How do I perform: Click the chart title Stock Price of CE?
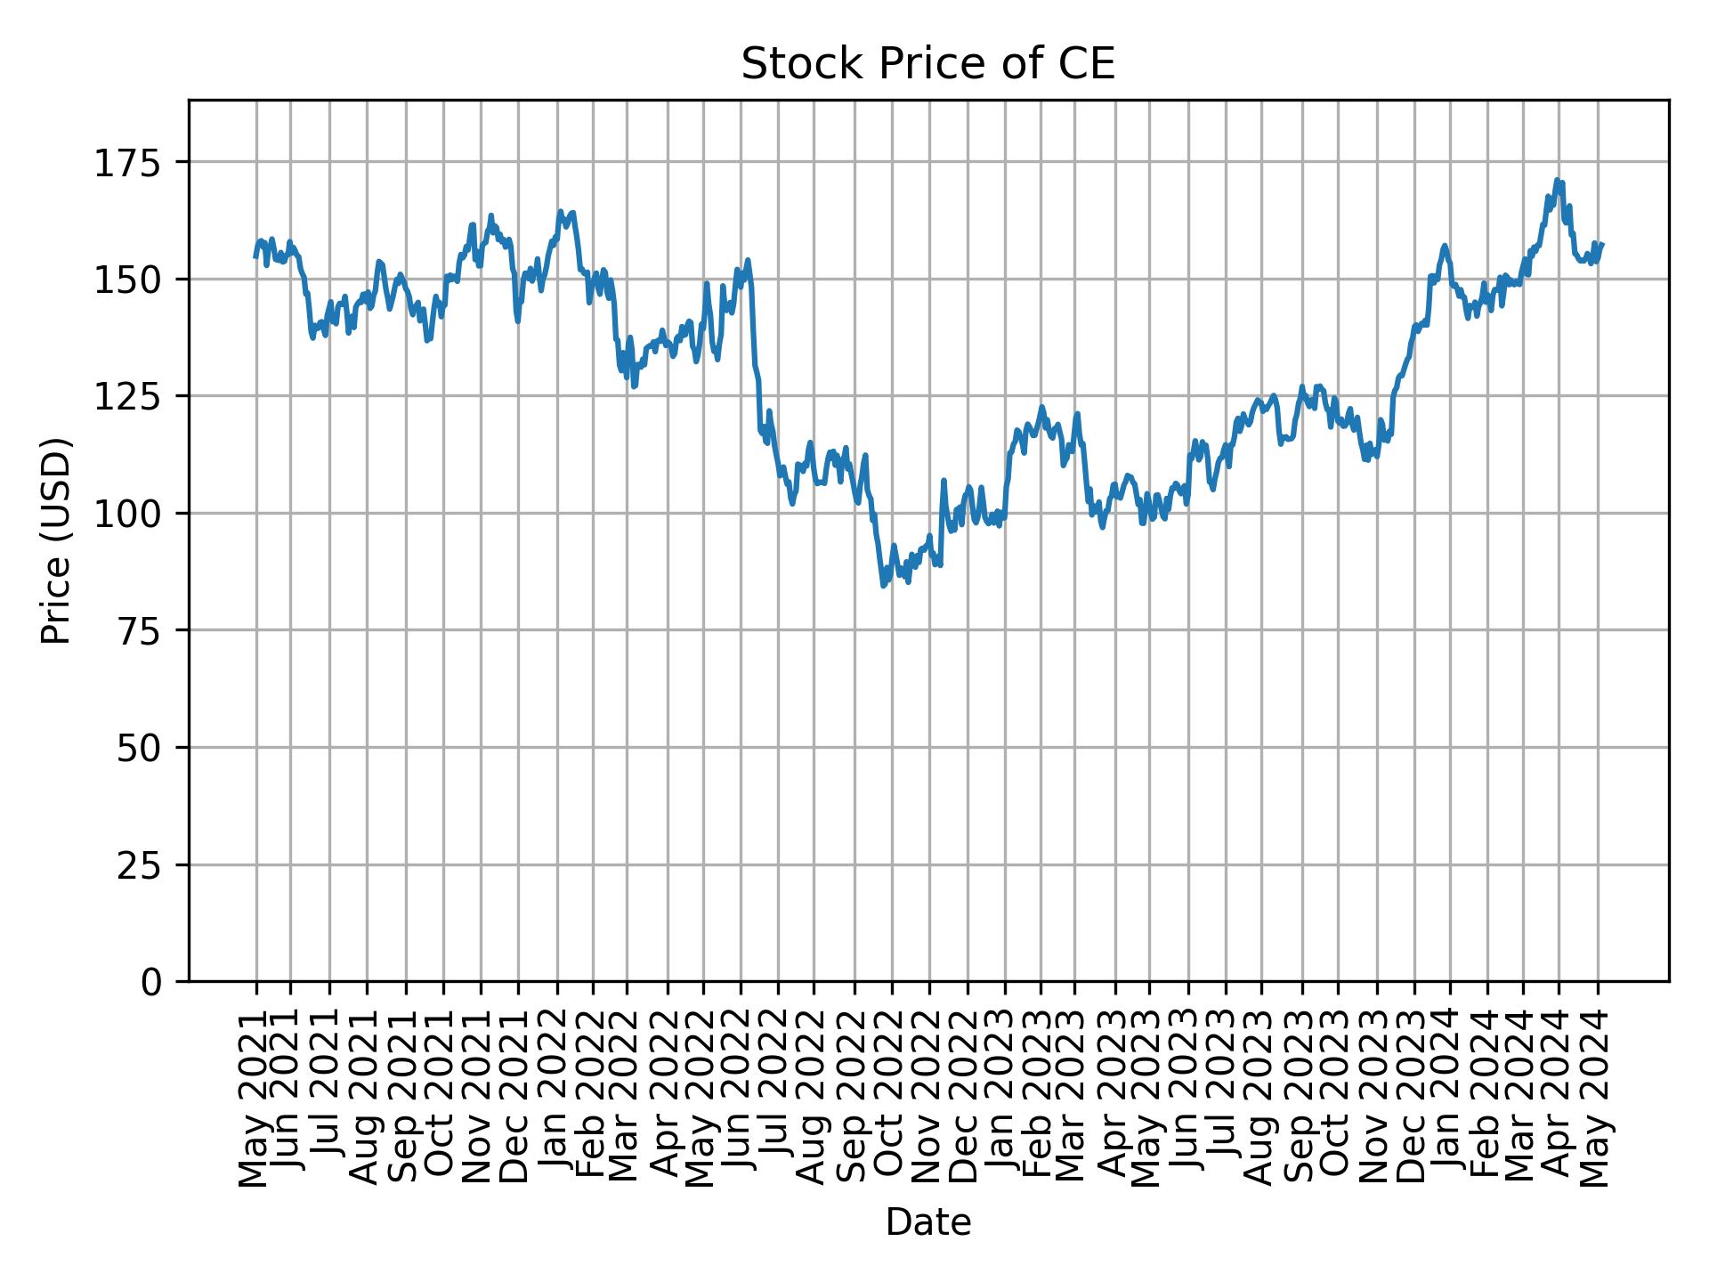pyautogui.click(x=927, y=65)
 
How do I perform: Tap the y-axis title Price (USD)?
pyautogui.click(x=55, y=540)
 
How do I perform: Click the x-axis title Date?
pyautogui.click(x=927, y=1222)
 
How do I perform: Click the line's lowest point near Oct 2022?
pyautogui.click(x=883, y=585)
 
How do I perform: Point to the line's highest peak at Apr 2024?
pyautogui.click(x=1556, y=180)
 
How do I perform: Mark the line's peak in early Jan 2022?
pyautogui.click(x=560, y=211)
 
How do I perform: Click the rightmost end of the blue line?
pyautogui.click(x=1602, y=244)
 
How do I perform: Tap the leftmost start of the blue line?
pyautogui.click(x=255, y=257)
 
